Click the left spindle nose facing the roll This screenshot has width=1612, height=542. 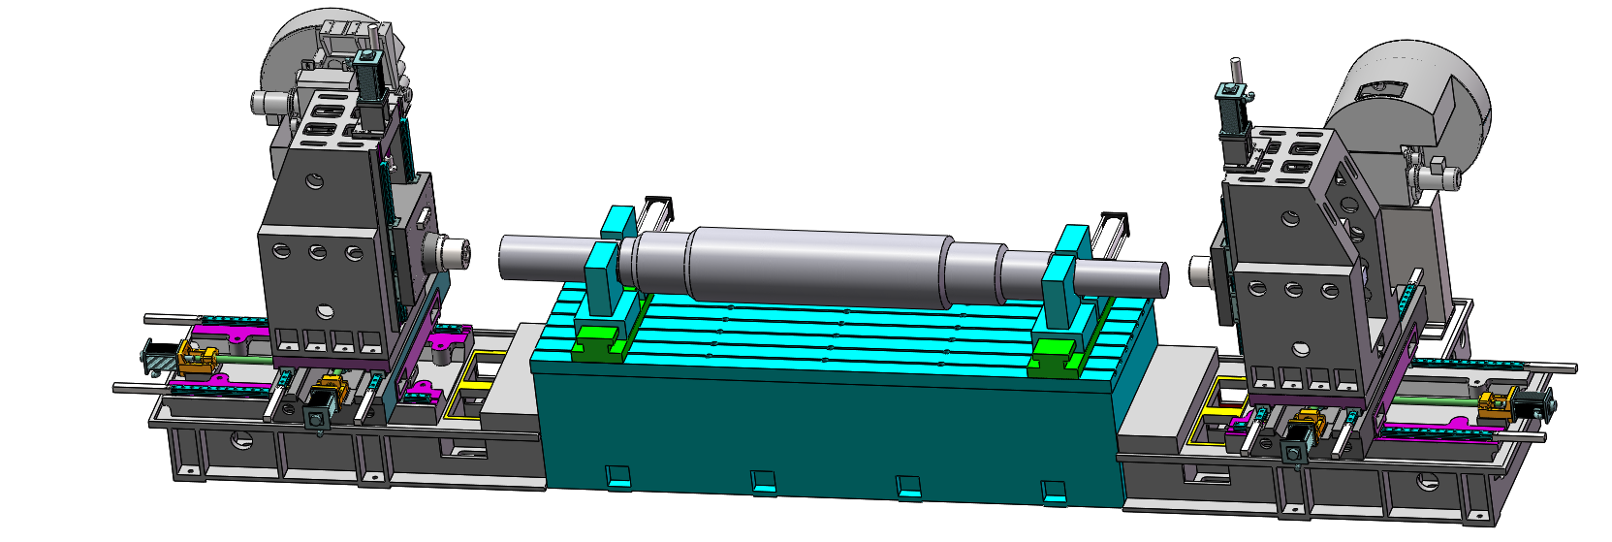[455, 255]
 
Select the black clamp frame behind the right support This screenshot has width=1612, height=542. [1111, 227]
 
